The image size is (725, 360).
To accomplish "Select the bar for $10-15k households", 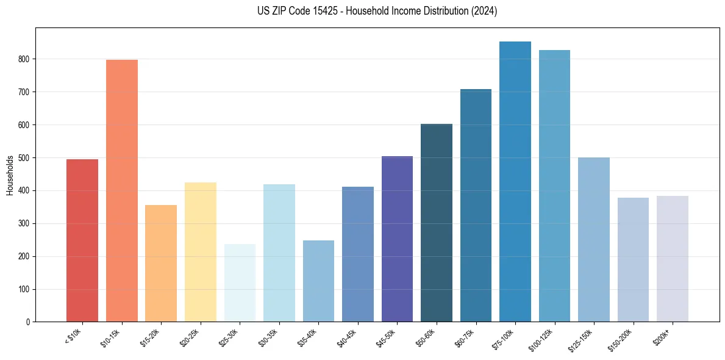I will click(121, 190).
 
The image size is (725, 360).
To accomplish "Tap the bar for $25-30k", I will click(240, 283).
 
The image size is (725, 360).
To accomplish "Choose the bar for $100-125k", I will click(554, 185).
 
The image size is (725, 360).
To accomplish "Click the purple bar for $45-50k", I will click(397, 239).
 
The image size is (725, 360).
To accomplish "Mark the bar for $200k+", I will click(673, 259).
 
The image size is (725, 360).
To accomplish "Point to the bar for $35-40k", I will click(318, 281).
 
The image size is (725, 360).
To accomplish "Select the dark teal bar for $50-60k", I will click(437, 223).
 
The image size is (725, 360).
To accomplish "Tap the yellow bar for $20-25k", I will click(201, 251).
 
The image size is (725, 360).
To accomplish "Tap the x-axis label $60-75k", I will click(466, 337).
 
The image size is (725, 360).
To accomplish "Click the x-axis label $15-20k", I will click(151, 337).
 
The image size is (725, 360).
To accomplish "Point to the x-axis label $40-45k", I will click(348, 337).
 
